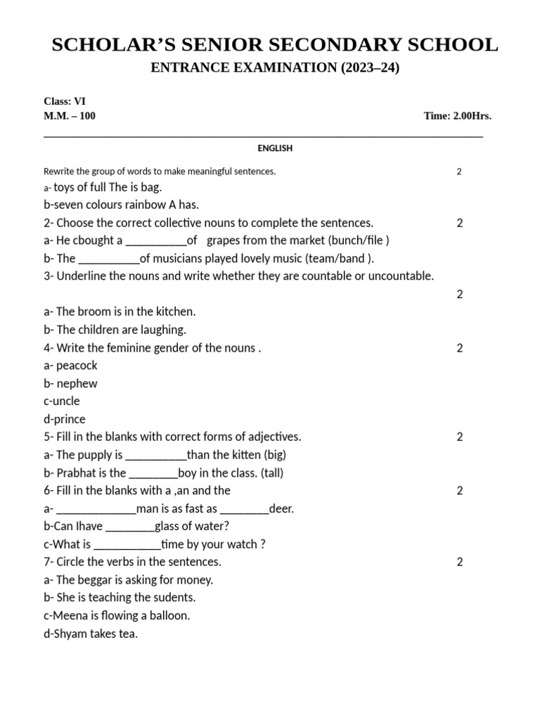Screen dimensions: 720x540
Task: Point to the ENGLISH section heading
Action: [275, 148]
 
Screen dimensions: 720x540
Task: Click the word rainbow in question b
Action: [141, 205]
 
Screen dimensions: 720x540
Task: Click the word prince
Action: [69, 419]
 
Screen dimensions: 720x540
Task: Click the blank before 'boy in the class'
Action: [154, 474]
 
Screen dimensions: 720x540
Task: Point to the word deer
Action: [281, 508]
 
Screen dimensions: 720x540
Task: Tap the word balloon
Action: [168, 616]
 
